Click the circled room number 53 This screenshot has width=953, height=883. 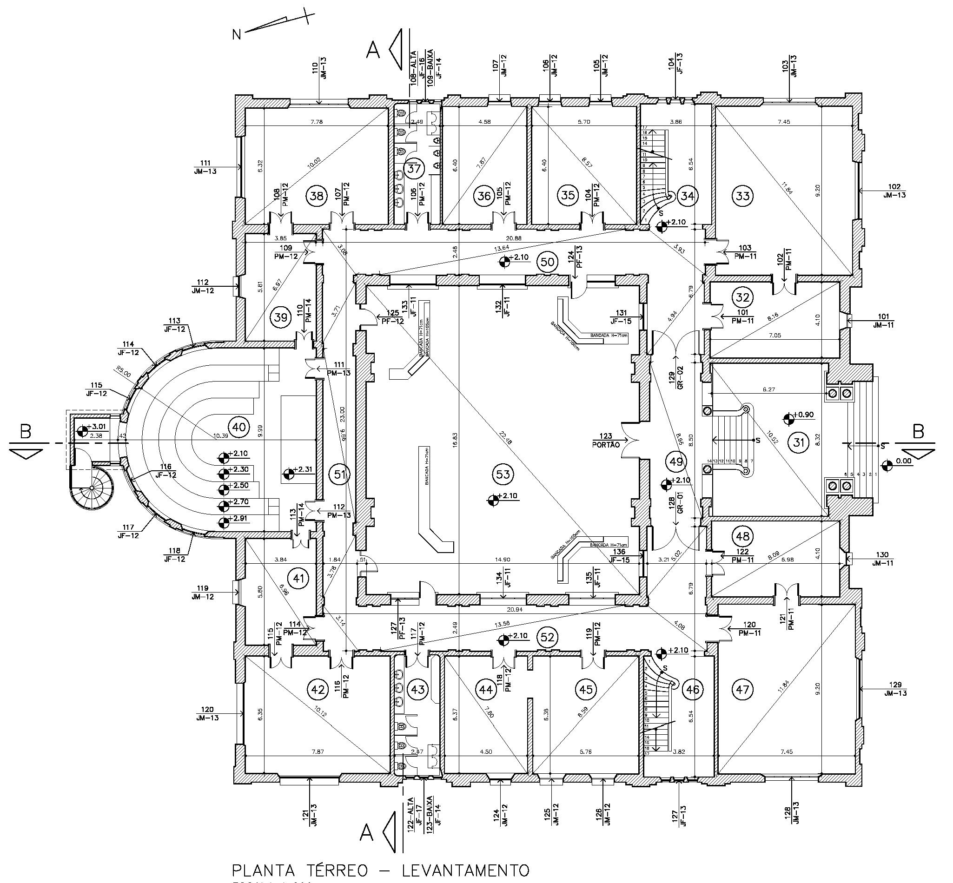[503, 474]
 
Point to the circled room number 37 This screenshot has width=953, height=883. [413, 168]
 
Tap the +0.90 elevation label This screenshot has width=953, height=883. [803, 414]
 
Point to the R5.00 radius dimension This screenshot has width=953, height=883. [123, 371]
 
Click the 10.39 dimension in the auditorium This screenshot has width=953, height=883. [222, 435]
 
